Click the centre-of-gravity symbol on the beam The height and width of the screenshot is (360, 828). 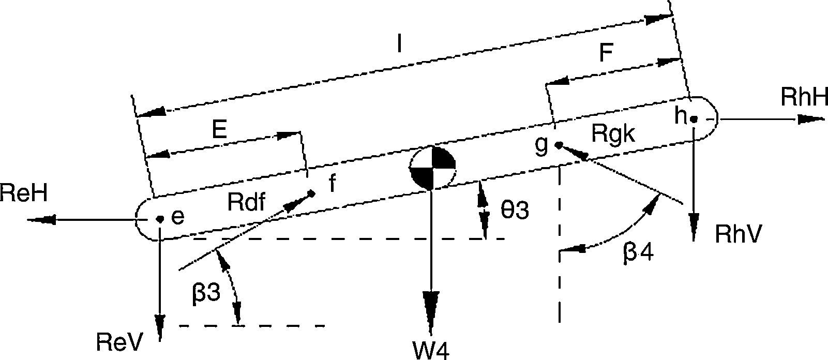point(433,167)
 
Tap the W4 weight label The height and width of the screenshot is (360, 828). point(430,349)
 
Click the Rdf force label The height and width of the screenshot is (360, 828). point(246,203)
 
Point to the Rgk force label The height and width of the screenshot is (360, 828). point(612,135)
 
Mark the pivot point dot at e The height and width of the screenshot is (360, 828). point(160,219)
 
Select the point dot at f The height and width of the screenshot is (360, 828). point(311,193)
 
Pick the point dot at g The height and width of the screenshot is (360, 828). point(559,145)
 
